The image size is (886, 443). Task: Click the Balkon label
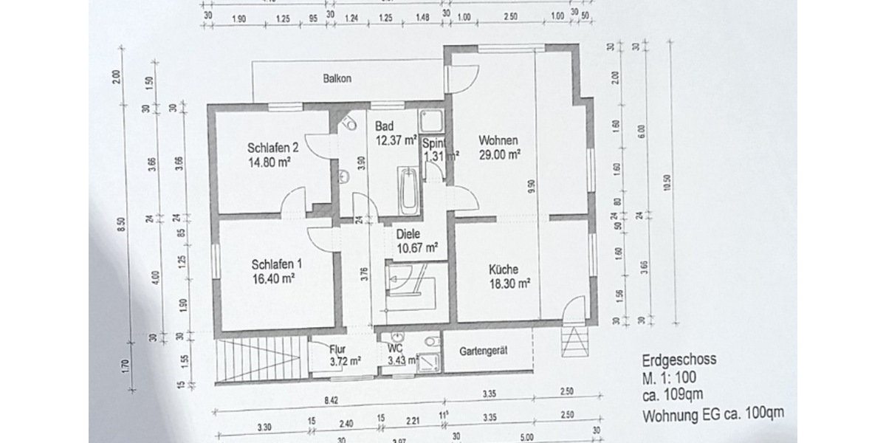pos(336,78)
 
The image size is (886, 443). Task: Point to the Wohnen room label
pos(498,140)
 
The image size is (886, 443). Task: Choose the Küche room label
pos(504,269)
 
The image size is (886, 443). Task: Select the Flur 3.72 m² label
pos(345,356)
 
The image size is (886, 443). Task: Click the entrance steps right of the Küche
pos(574,341)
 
